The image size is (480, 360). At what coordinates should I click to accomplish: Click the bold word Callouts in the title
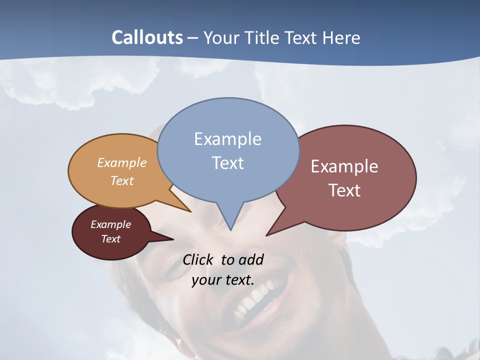pyautogui.click(x=147, y=37)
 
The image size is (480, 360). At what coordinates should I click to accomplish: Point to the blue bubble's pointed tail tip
pyautogui.click(x=230, y=230)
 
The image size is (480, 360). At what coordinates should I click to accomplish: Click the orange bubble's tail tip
pyautogui.click(x=190, y=211)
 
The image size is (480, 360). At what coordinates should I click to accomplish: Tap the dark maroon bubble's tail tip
pyautogui.click(x=173, y=239)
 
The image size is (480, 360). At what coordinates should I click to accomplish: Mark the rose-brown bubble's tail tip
pyautogui.click(x=266, y=235)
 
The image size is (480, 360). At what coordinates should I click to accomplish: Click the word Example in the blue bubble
pyautogui.click(x=227, y=138)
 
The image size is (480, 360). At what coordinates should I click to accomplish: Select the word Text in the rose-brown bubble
pyautogui.click(x=344, y=190)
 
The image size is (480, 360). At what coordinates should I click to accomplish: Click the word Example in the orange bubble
pyautogui.click(x=122, y=162)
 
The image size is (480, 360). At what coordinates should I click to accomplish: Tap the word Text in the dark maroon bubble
pyautogui.click(x=111, y=239)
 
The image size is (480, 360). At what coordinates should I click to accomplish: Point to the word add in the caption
pyautogui.click(x=251, y=259)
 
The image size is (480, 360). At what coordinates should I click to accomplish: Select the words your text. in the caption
pyautogui.click(x=223, y=280)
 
